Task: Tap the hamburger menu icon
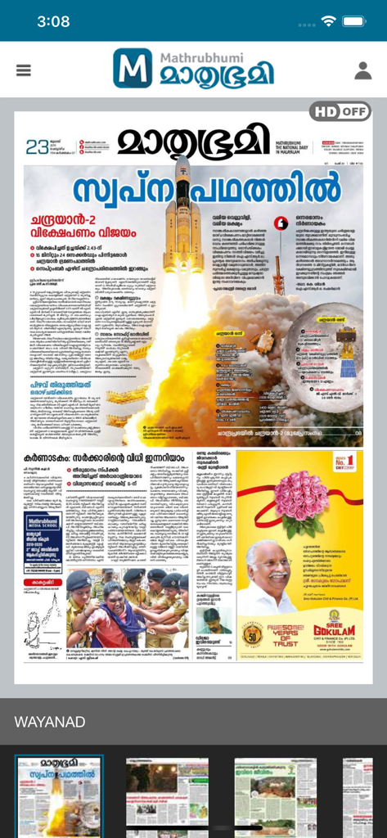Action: tap(23, 70)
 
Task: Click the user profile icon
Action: tap(363, 70)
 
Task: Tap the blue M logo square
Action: tap(133, 68)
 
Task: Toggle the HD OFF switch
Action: tap(340, 111)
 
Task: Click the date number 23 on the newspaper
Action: tap(37, 147)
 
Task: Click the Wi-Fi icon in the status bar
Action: tap(329, 21)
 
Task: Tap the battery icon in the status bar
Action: tap(354, 21)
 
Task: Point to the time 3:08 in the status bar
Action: tap(53, 21)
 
